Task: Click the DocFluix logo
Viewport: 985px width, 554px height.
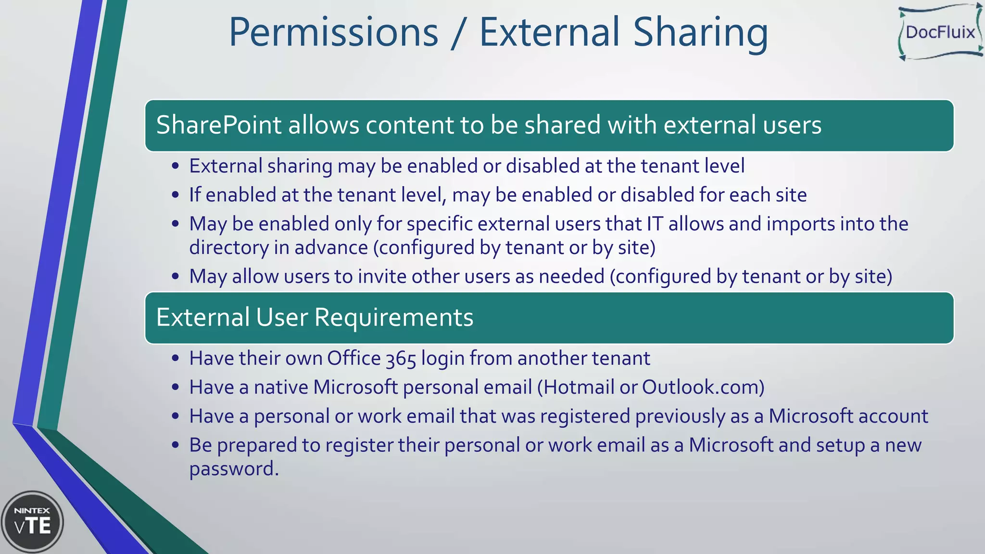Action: (940, 33)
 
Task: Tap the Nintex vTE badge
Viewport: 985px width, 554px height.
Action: (32, 522)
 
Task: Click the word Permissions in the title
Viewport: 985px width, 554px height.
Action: (333, 33)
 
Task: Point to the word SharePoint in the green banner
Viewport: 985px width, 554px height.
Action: (218, 125)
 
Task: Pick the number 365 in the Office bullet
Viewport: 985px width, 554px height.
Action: (401, 359)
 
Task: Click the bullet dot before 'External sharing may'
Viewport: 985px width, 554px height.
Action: (176, 166)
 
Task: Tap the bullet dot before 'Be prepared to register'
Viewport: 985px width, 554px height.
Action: (176, 445)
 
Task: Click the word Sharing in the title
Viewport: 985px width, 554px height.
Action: (700, 33)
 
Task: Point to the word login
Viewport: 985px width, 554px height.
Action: (442, 359)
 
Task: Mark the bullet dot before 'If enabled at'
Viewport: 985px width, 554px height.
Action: (176, 195)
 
